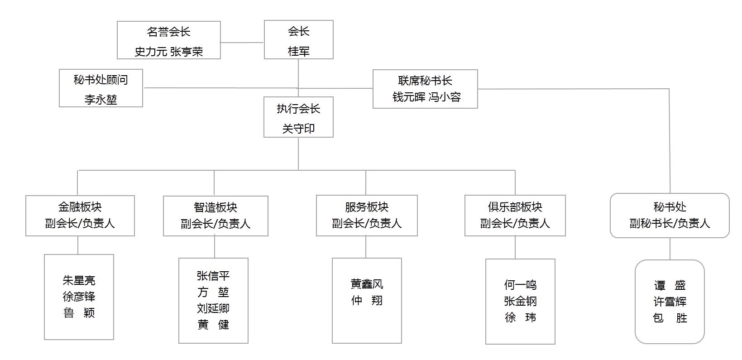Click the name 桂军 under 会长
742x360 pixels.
[x=299, y=51]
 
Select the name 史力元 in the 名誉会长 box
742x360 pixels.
[x=151, y=52]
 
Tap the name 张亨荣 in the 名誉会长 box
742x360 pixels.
[x=187, y=52]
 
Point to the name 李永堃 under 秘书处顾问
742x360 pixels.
[x=101, y=100]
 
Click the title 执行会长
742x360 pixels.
[x=298, y=109]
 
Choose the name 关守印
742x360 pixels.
[x=298, y=129]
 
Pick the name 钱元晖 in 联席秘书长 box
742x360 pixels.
[x=408, y=97]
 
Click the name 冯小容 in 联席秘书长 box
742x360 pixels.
[x=445, y=97]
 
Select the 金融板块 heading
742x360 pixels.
[x=80, y=207]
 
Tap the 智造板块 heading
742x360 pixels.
[x=215, y=207]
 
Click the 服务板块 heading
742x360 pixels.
[x=367, y=207]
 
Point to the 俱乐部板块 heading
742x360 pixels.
[x=515, y=207]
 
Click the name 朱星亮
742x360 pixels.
[x=79, y=280]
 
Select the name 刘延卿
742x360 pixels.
[x=213, y=308]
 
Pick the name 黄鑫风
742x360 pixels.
[x=367, y=284]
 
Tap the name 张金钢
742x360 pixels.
[x=520, y=301]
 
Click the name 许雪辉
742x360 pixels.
[x=670, y=302]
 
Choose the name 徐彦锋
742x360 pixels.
[x=79, y=297]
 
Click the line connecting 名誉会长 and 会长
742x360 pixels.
[x=242, y=43]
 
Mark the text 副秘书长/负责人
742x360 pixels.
[x=670, y=223]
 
